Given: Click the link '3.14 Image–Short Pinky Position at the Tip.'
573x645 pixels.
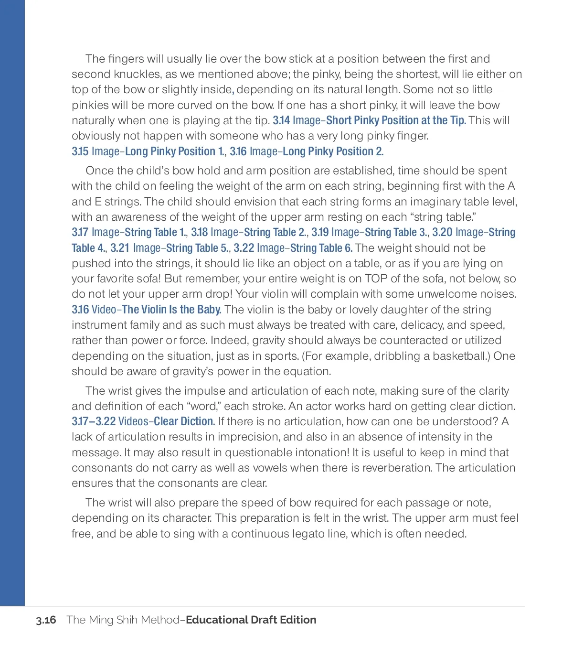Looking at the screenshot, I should [x=369, y=120].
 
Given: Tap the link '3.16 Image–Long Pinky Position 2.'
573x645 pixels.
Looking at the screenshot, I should [x=307, y=151].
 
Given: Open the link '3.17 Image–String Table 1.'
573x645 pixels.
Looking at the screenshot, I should [x=129, y=232].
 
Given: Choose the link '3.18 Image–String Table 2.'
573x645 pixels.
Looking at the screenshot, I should [x=249, y=232].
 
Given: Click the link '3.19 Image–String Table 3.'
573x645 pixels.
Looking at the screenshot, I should [x=370, y=232].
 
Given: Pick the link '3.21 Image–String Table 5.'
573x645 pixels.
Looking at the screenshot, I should [x=169, y=248].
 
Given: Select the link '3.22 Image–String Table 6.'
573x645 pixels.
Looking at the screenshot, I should [x=293, y=248].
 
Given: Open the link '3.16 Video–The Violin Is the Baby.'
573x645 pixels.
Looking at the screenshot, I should [x=146, y=310].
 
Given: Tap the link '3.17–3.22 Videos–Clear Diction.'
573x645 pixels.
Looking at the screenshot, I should [x=143, y=421].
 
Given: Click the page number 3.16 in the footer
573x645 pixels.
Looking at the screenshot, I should [x=46, y=620].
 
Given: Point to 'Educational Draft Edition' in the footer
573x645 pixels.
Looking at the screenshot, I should [x=251, y=620].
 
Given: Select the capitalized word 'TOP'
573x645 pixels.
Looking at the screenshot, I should [x=376, y=279].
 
